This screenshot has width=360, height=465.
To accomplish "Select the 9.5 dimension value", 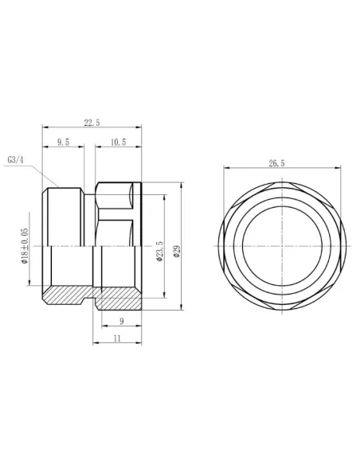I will coord(62,142).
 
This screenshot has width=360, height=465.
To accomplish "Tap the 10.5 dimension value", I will coord(117,142).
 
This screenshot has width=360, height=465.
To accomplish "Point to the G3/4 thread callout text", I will coord(17,159).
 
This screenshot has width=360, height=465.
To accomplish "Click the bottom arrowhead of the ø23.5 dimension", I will coord(165,295).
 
